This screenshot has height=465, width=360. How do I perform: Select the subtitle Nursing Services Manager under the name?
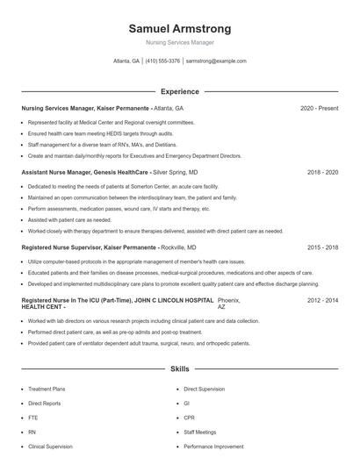point(179,43)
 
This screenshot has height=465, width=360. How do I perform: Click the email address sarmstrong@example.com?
point(216,61)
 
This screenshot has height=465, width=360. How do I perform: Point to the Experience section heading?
point(179,91)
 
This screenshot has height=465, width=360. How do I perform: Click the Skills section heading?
point(179,370)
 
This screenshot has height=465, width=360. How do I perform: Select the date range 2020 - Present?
point(319,108)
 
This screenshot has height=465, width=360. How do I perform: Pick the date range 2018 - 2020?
point(322,173)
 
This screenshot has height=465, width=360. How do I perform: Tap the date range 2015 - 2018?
point(322,248)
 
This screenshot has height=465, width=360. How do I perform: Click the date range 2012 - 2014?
point(322,300)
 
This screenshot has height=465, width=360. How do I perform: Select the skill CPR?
point(189,417)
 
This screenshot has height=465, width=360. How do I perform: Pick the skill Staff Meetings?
point(199,432)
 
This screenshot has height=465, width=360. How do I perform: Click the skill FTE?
point(32,417)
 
